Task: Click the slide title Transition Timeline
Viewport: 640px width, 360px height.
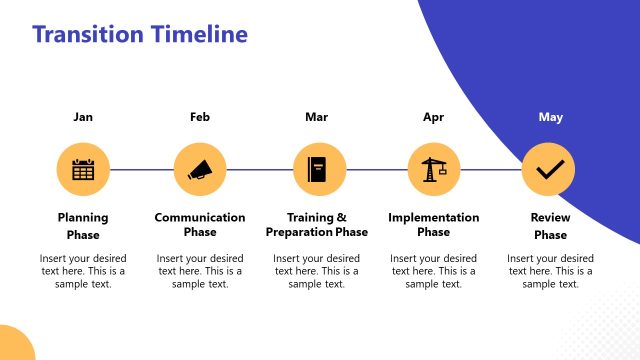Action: coord(139,35)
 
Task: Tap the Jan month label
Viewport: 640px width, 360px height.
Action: coord(83,117)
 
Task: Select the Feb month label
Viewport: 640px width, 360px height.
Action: coord(200,117)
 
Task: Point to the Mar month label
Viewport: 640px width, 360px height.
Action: coord(316,117)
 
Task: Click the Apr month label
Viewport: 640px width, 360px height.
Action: coord(433,117)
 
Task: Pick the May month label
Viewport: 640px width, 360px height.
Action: coord(550,117)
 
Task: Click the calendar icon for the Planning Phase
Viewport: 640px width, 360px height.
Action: coord(83,169)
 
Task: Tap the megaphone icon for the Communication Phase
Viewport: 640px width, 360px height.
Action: coord(200,169)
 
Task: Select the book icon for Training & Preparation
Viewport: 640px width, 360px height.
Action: coord(317,169)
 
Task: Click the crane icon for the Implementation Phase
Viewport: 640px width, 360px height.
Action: coord(433,169)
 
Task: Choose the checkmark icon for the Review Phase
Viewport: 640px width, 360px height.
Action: coord(549,169)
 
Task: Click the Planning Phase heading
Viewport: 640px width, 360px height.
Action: coord(83,226)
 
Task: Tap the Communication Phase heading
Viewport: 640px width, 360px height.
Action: coord(200,226)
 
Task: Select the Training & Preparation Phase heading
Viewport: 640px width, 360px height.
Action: coord(317,226)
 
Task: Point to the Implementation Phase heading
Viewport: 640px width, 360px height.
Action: coord(433,226)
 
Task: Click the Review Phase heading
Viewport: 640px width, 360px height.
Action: coord(550,226)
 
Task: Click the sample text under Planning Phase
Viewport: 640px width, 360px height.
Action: coord(83,271)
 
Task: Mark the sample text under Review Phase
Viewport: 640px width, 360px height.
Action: coord(550,271)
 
